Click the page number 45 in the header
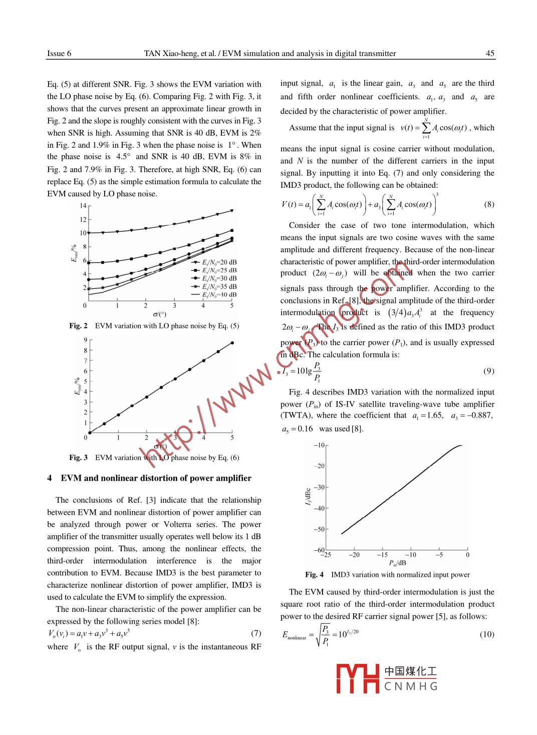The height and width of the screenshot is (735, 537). [x=490, y=54]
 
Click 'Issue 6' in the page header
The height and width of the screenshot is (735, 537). [x=59, y=54]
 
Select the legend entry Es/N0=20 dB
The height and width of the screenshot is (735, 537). [x=214, y=262]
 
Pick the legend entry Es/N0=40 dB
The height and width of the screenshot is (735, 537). [x=214, y=295]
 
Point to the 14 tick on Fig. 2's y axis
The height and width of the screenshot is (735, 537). [x=83, y=206]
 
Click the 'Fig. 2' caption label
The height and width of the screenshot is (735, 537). [x=78, y=326]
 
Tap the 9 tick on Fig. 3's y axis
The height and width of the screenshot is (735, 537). [x=86, y=340]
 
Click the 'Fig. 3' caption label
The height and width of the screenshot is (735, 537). [x=78, y=458]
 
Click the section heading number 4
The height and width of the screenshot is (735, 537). [x=50, y=478]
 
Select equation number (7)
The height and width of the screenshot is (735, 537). [x=256, y=633]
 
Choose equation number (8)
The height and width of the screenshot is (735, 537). [x=489, y=204]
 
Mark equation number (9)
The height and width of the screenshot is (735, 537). [x=489, y=371]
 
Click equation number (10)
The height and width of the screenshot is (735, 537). [x=487, y=634]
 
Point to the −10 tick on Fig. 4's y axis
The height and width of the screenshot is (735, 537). [x=319, y=445]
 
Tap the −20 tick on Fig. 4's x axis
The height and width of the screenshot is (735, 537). [x=354, y=555]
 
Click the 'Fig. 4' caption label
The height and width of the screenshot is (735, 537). [x=314, y=575]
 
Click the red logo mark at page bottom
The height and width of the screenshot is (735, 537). [x=358, y=678]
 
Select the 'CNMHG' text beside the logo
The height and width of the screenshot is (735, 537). [x=411, y=686]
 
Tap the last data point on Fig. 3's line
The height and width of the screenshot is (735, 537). [x=232, y=343]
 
